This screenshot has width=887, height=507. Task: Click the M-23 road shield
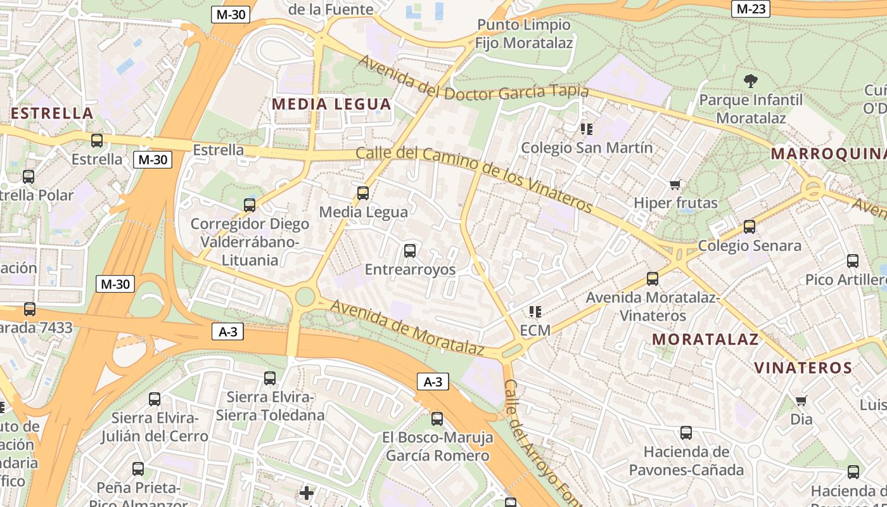tap(750, 9)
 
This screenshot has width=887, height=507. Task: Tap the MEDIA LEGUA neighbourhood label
tap(331, 104)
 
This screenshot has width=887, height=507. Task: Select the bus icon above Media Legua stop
tap(363, 193)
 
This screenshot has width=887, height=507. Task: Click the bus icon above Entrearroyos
tap(410, 250)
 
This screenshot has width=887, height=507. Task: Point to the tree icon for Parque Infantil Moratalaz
tap(751, 81)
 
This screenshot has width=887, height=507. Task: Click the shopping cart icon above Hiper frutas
tap(675, 184)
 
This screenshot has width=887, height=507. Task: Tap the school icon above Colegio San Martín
tap(587, 129)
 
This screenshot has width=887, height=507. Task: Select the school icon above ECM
tap(535, 311)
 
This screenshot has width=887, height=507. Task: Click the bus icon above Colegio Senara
tap(750, 226)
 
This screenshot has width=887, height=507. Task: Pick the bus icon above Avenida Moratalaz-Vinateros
tap(653, 278)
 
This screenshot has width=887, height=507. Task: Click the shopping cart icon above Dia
tap(801, 401)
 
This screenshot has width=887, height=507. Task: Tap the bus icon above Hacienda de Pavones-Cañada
tap(686, 433)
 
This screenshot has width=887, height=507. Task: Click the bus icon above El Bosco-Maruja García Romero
tap(437, 418)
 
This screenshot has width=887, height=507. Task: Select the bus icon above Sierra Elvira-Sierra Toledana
tap(270, 378)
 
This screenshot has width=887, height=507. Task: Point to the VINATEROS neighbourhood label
tap(803, 368)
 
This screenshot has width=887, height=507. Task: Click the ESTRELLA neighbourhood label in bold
tap(53, 113)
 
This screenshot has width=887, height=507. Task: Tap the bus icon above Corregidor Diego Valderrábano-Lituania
tap(250, 205)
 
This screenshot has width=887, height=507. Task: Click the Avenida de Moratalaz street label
tap(407, 328)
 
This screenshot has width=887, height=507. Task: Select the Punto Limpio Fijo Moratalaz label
tap(524, 34)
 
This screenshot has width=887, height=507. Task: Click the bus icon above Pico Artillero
tap(853, 260)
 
